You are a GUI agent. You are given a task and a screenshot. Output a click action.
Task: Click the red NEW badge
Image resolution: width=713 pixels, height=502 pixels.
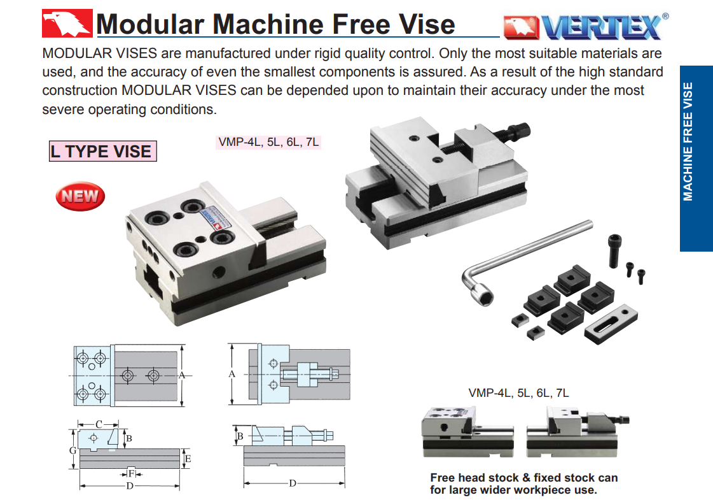[x=80, y=196]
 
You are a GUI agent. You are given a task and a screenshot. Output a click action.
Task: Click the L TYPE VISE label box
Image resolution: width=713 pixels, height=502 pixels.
[x=103, y=151]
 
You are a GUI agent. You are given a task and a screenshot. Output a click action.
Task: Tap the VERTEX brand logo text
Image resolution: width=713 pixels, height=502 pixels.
[x=601, y=27]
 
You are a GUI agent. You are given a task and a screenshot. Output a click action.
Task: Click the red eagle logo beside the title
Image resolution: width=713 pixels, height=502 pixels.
[x=67, y=23]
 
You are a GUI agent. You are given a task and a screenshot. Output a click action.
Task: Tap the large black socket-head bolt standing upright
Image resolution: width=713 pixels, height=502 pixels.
[x=615, y=250]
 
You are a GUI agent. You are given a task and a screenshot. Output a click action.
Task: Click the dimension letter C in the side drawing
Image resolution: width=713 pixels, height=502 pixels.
[x=99, y=424]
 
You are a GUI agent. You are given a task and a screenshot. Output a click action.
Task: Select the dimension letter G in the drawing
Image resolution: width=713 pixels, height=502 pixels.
[x=73, y=450]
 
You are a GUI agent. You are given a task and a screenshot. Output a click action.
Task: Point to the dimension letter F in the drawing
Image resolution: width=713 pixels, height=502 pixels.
[x=131, y=474]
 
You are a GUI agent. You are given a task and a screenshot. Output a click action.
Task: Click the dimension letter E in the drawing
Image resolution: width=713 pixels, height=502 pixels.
[x=188, y=459]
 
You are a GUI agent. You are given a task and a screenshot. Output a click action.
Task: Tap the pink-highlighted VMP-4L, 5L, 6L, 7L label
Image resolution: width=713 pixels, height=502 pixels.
[x=269, y=142]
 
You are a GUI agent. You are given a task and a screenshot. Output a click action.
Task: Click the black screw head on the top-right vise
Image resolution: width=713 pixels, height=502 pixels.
[x=519, y=131]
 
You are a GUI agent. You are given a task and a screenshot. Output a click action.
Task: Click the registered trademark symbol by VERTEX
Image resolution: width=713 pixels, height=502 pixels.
[x=665, y=16]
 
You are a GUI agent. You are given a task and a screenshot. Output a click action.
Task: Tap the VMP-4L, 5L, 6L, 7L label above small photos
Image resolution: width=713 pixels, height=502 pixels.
[x=518, y=392]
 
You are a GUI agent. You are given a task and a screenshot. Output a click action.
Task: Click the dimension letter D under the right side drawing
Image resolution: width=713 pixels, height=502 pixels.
[x=293, y=483]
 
